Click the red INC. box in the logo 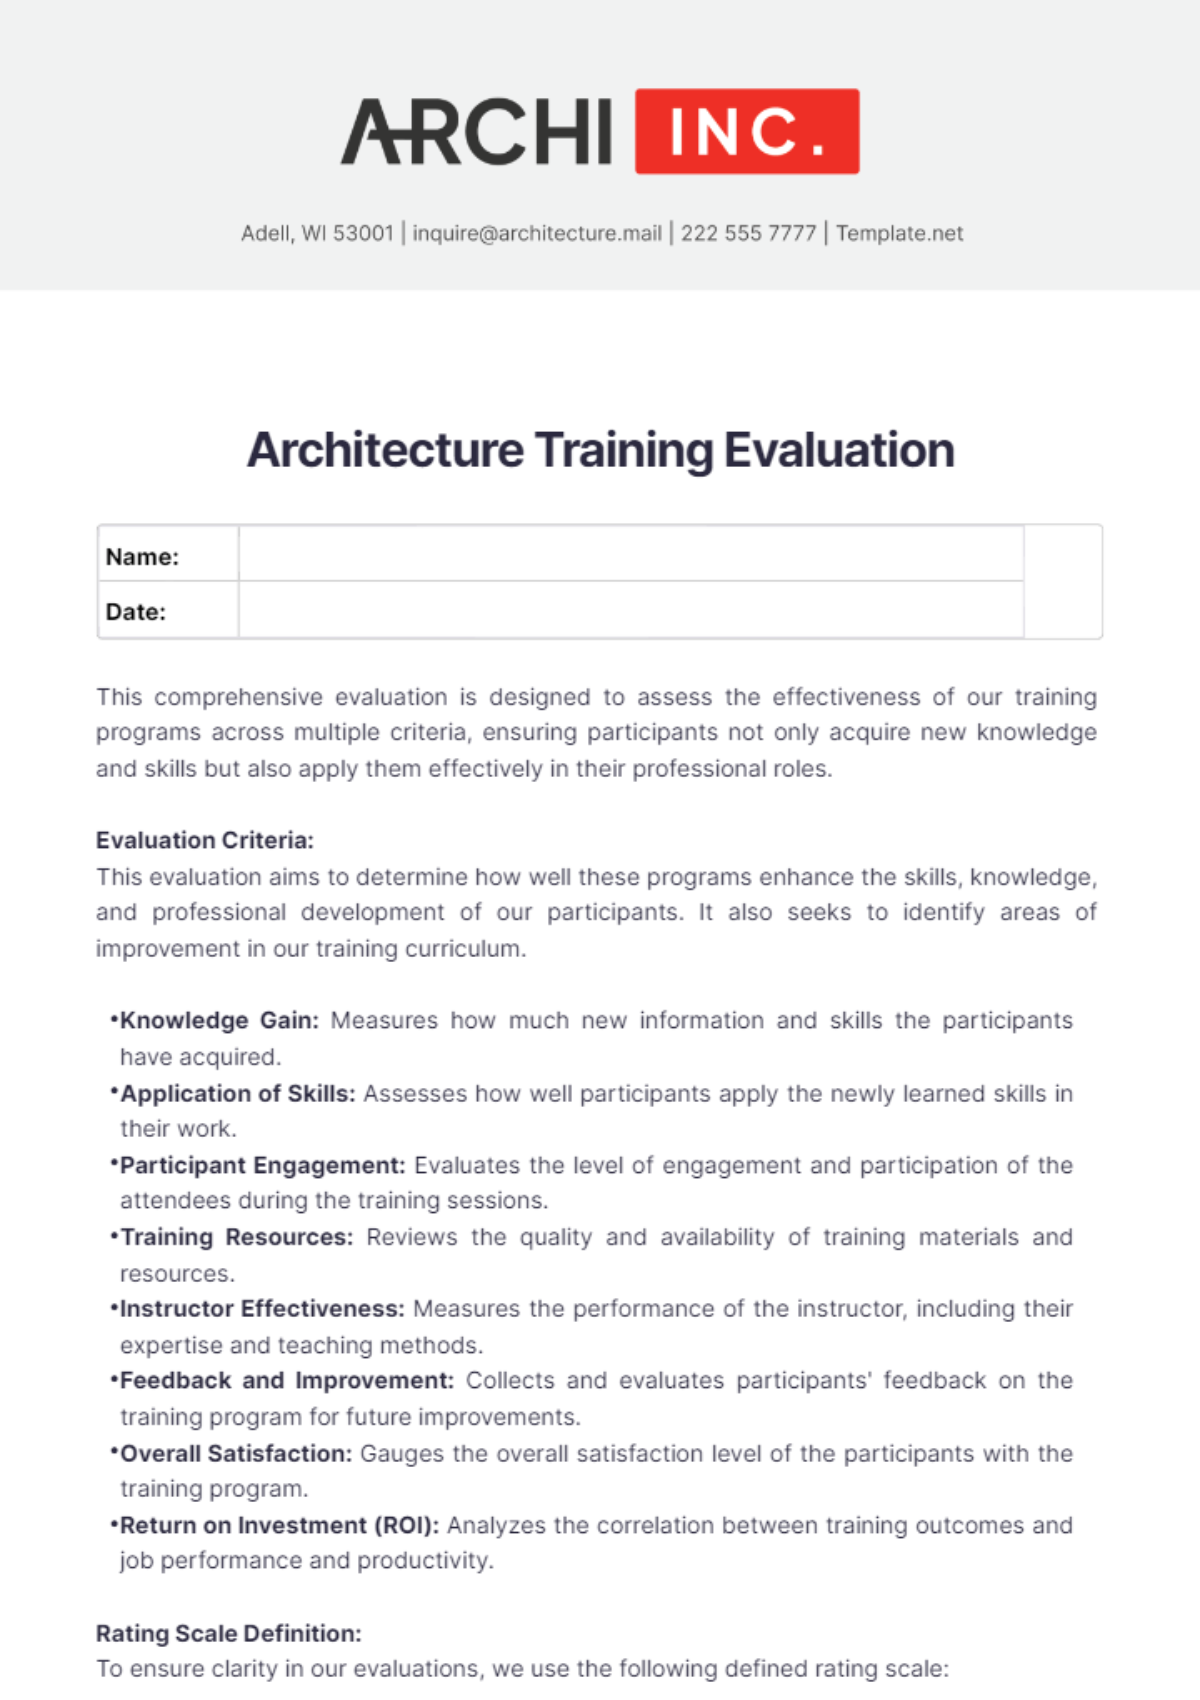pyautogui.click(x=747, y=131)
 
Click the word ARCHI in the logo pyautogui.click(x=477, y=132)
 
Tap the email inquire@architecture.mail pyautogui.click(x=537, y=233)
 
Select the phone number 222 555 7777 pyautogui.click(x=748, y=233)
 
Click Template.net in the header pyautogui.click(x=899, y=233)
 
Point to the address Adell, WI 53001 pyautogui.click(x=317, y=233)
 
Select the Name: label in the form pyautogui.click(x=142, y=557)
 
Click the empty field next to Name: pyautogui.click(x=630, y=554)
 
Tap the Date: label pyautogui.click(x=136, y=612)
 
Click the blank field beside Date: pyautogui.click(x=630, y=610)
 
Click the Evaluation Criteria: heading pyautogui.click(x=205, y=840)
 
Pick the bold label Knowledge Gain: pyautogui.click(x=219, y=1021)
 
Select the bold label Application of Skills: pyautogui.click(x=238, y=1094)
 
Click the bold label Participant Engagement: pyautogui.click(x=263, y=1166)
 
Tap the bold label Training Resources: pyautogui.click(x=237, y=1238)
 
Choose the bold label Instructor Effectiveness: pyautogui.click(x=262, y=1309)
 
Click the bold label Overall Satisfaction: pyautogui.click(x=236, y=1454)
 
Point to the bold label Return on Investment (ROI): pyautogui.click(x=279, y=1526)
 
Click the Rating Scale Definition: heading pyautogui.click(x=229, y=1633)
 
